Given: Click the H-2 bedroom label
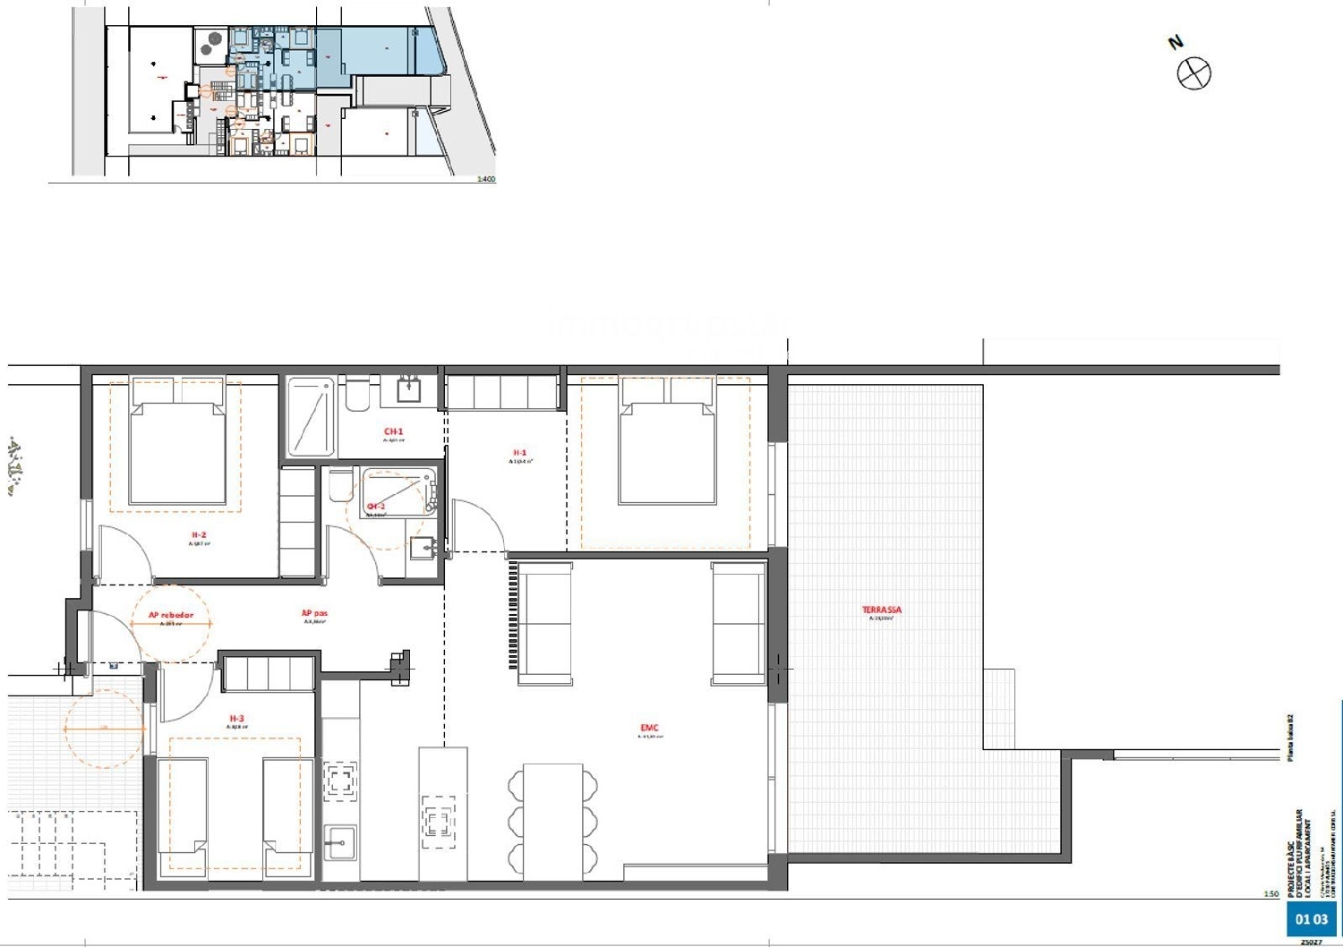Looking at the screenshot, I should (x=199, y=535).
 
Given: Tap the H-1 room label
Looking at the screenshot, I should (x=520, y=453).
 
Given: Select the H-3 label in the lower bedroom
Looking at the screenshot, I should (x=236, y=719).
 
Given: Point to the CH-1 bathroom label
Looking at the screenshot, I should (x=393, y=431).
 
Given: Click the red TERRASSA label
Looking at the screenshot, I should (x=882, y=610).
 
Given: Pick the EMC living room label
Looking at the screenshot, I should (x=650, y=728).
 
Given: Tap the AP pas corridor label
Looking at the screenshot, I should (x=314, y=614).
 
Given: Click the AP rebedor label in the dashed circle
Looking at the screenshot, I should (x=170, y=615).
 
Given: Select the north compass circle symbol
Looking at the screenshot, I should (x=1193, y=73).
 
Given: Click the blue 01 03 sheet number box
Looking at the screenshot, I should (x=1311, y=919).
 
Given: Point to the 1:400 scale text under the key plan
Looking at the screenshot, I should (x=485, y=179).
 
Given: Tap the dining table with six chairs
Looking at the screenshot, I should (x=552, y=819).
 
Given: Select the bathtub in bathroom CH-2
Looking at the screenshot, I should (x=396, y=492).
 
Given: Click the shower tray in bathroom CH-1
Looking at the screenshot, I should (x=310, y=418).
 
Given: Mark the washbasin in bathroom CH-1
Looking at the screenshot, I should (x=409, y=389).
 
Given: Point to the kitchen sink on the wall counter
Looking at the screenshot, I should (x=340, y=842).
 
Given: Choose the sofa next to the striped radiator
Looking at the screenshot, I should (x=545, y=623).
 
